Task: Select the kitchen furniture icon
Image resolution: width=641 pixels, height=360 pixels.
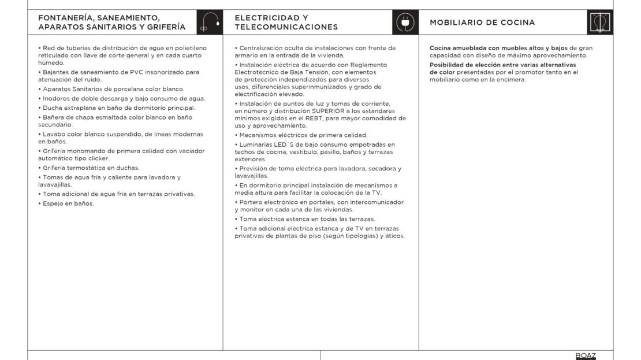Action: tap(600, 23)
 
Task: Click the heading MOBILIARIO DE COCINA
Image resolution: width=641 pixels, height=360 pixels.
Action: tap(482, 23)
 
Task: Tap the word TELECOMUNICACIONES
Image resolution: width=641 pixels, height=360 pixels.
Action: tap(286, 27)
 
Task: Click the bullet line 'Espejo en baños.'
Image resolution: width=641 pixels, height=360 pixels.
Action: tap(68, 203)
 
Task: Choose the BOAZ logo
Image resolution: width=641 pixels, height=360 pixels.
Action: tap(586, 355)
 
